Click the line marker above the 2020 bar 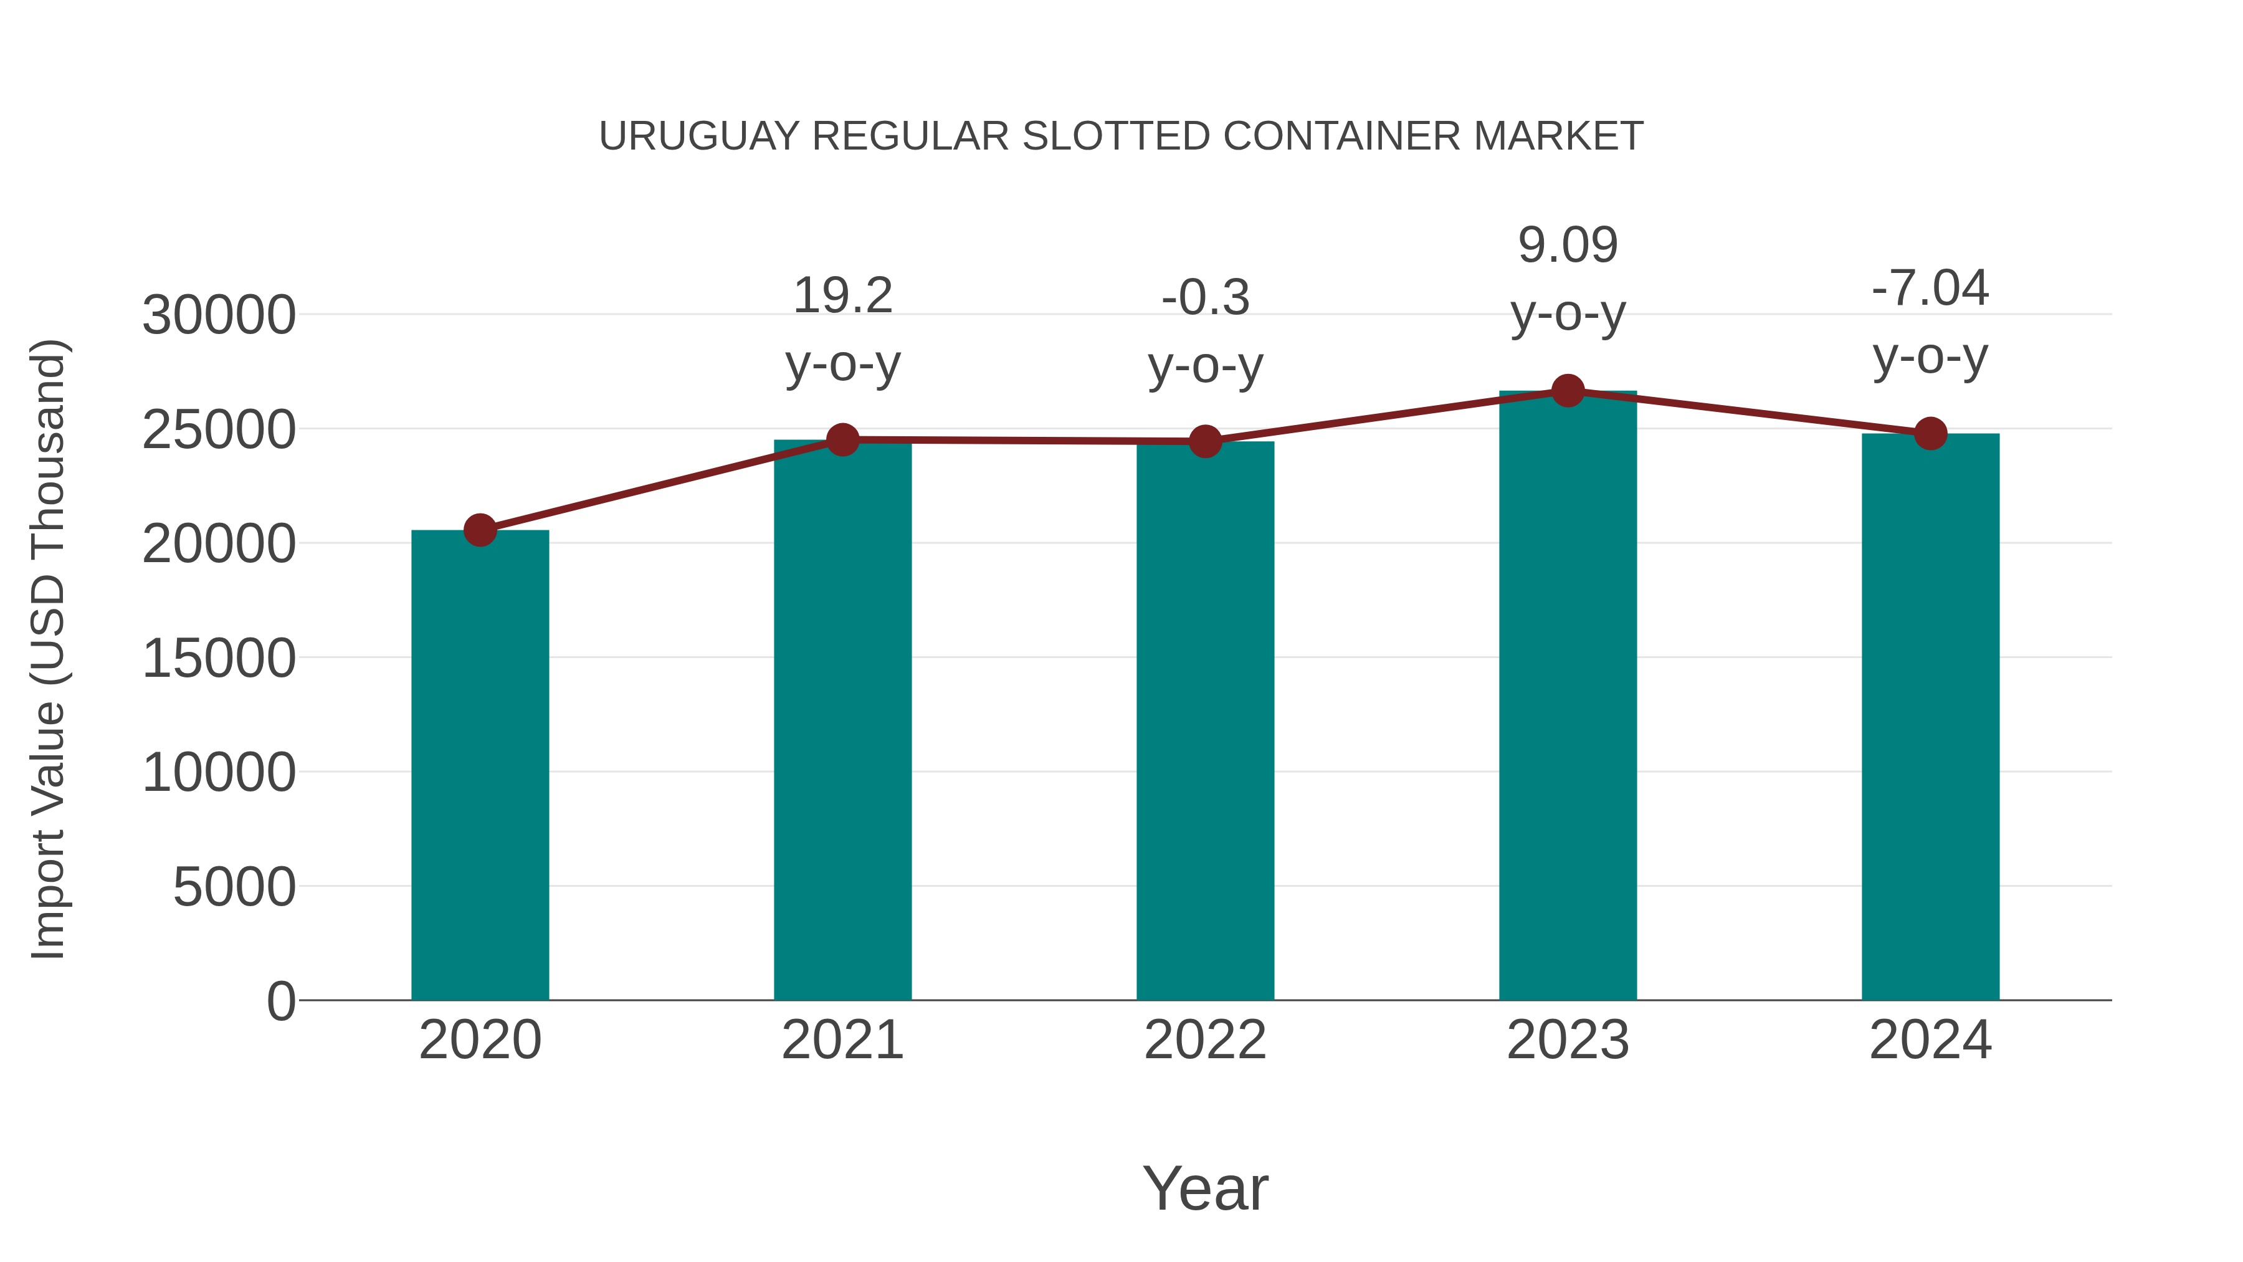pos(480,530)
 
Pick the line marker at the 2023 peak pos(1568,391)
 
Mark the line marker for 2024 pos(1930,433)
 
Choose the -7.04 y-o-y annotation pos(1930,322)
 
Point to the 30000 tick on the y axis pos(219,315)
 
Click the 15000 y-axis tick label pos(219,659)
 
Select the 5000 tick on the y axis pos(234,887)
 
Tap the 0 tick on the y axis pos(280,1001)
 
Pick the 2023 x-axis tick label pos(1568,1040)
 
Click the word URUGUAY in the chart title pos(698,136)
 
